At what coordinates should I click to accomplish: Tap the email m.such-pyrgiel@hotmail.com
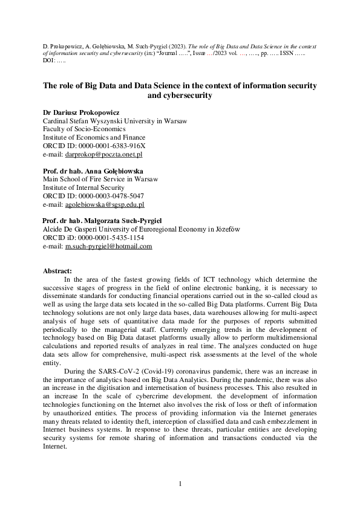pyautogui.click(x=108, y=247)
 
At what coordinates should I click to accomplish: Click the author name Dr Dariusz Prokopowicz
pyautogui.click(x=80, y=112)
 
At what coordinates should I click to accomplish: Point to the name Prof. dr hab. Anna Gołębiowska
pyautogui.click(x=93, y=171)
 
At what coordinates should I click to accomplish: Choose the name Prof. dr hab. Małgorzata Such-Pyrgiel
pyautogui.click(x=102, y=221)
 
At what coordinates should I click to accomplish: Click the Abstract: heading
pyautogui.click(x=57, y=271)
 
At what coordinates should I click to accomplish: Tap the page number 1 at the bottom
pyautogui.click(x=180, y=484)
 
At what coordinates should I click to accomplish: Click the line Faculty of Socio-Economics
pyautogui.click(x=84, y=129)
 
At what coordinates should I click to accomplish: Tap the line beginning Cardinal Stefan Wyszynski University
pyautogui.click(x=115, y=121)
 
